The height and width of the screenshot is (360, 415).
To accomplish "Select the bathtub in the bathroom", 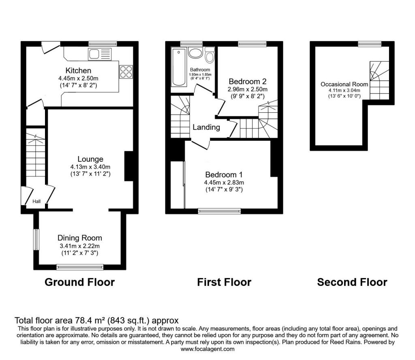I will [178, 67].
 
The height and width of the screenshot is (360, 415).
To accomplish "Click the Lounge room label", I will [90, 159].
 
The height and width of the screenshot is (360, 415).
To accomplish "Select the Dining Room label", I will [79, 238].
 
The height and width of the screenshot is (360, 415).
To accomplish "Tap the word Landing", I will [206, 127].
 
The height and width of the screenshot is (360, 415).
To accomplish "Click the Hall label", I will [36, 201].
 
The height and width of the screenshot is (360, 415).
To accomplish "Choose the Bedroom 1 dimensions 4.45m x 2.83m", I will [224, 182].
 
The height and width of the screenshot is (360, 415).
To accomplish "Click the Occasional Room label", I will [344, 84].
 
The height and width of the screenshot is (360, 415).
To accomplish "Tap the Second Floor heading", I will [352, 282].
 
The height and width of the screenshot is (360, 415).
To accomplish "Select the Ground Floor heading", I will [79, 282].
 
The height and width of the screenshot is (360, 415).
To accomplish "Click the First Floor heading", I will [224, 282].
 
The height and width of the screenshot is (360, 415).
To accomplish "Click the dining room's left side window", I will [36, 240].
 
